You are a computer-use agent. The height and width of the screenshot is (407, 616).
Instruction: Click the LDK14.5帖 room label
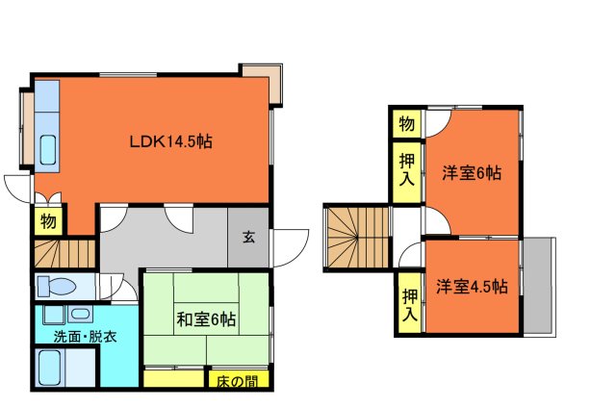(171, 141)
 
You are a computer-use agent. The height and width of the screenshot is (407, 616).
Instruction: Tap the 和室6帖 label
(206, 318)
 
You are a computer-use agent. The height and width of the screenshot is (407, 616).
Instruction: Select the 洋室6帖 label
(472, 173)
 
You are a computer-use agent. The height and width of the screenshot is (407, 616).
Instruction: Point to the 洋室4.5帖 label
(471, 287)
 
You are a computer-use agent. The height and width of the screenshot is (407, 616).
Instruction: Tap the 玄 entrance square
(249, 238)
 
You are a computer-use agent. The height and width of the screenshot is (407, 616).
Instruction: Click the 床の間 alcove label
(237, 380)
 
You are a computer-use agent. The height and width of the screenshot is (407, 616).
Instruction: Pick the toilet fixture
(58, 286)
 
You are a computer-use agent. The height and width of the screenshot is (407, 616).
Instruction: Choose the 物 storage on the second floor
(406, 124)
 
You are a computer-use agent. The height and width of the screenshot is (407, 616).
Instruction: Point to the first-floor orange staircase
(64, 253)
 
